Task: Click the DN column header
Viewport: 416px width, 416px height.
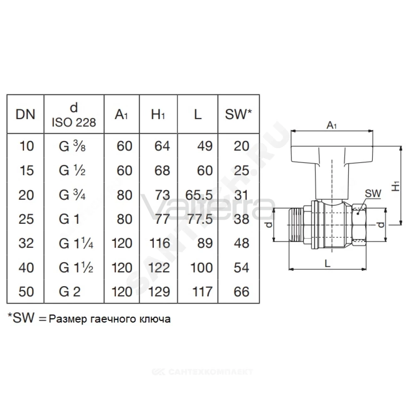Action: click(x=25, y=114)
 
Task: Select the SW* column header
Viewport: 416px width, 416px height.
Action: click(x=238, y=114)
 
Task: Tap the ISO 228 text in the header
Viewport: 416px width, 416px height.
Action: click(x=74, y=123)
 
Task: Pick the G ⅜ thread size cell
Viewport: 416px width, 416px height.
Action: click(x=72, y=146)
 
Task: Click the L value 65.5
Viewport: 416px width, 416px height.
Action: click(x=199, y=195)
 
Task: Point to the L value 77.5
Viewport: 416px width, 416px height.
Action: click(x=200, y=219)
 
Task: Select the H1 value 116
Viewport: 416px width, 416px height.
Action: click(x=160, y=243)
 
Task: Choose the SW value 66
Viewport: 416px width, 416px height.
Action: click(x=241, y=292)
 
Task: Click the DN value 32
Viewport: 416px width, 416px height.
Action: click(x=26, y=243)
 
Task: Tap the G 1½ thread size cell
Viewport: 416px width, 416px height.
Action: click(x=76, y=267)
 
